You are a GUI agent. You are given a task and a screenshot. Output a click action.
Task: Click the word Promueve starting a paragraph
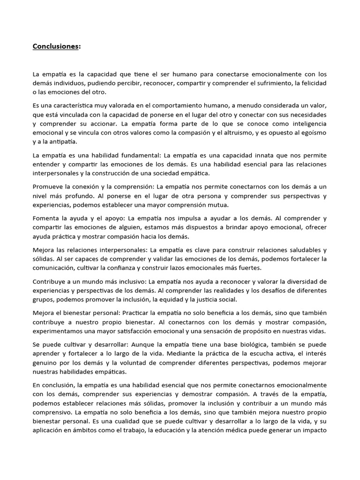(x=48, y=187)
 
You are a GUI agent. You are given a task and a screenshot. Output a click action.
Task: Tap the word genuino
(x=45, y=362)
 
